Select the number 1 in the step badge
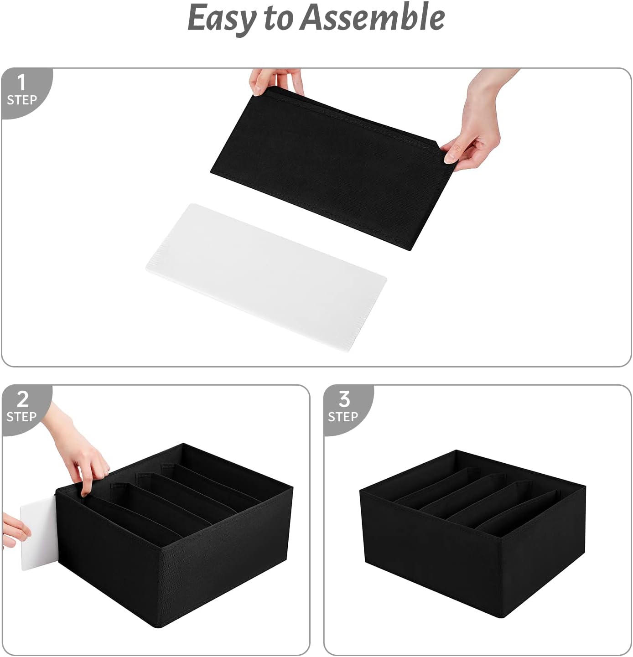pyautogui.click(x=21, y=83)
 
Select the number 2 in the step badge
pyautogui.click(x=22, y=399)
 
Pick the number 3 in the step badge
pyautogui.click(x=344, y=399)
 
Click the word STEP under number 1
pyautogui.click(x=22, y=100)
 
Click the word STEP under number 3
pyautogui.click(x=343, y=417)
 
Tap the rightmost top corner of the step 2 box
pyautogui.click(x=293, y=487)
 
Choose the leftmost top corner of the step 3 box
pyautogui.click(x=360, y=490)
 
